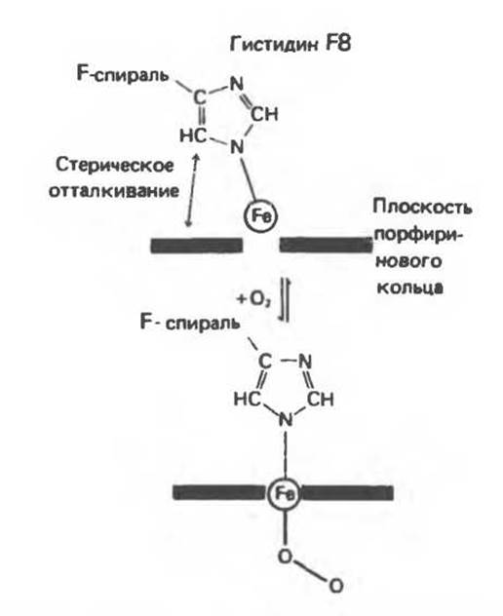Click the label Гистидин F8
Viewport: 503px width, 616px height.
coord(290,44)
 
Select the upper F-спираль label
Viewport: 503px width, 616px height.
coord(123,74)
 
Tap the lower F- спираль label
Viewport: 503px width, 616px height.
coord(190,323)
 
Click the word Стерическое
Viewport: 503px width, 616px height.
coord(114,166)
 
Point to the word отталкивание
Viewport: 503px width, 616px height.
coord(114,191)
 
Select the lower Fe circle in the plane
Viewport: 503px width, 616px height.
coord(284,494)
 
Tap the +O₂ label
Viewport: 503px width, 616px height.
coord(253,300)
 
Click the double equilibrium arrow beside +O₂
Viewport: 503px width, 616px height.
coord(284,299)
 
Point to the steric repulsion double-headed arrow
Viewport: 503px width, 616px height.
coord(193,190)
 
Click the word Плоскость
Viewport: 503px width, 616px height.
coord(422,207)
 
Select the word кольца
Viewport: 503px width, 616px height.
coord(409,288)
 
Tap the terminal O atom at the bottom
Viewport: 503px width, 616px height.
coord(336,586)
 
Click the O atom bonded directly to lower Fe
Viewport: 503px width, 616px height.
coord(286,557)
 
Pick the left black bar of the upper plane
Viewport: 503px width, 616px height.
coord(197,246)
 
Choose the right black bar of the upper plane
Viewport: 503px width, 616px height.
coord(326,245)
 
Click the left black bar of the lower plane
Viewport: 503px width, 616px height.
coord(219,492)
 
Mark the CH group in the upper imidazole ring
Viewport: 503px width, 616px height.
coord(264,114)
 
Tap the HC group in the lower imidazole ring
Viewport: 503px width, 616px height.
coord(248,400)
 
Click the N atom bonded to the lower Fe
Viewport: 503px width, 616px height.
coord(286,420)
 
